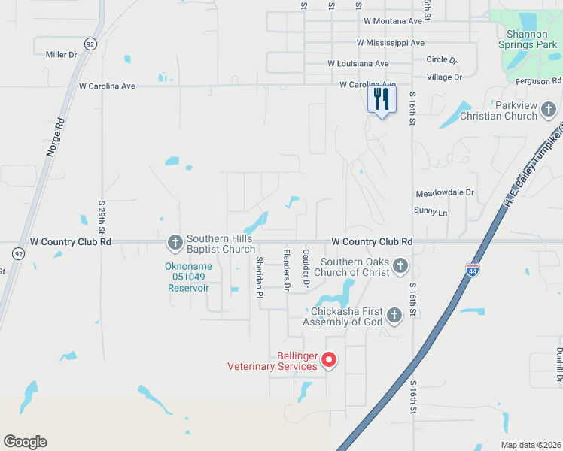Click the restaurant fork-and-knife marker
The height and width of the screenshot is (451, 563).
click(x=382, y=99)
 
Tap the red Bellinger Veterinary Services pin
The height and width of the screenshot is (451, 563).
click(x=329, y=360)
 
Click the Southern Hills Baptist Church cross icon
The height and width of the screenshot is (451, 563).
click(x=175, y=242)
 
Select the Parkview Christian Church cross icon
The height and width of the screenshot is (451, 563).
click(x=549, y=111)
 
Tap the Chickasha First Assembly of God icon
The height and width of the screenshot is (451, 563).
click(x=394, y=316)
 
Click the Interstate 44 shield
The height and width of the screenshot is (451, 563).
click(x=473, y=271)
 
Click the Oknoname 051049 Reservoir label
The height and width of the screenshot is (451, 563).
click(x=189, y=277)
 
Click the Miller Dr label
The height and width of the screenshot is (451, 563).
click(x=62, y=55)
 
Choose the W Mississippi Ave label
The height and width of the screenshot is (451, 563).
click(x=391, y=43)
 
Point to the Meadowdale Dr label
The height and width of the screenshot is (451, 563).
click(x=446, y=192)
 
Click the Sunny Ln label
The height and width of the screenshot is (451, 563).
click(x=431, y=213)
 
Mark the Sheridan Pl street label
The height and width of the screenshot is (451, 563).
click(x=259, y=277)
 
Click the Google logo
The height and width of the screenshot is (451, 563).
click(x=25, y=442)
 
